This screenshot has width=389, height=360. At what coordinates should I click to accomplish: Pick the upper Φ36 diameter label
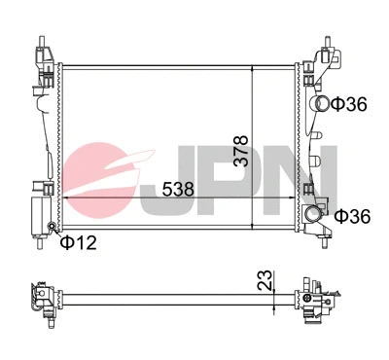348,104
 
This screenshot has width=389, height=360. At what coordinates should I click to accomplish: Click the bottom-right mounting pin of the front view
316,242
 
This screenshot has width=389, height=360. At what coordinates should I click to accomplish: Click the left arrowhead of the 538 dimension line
65,198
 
